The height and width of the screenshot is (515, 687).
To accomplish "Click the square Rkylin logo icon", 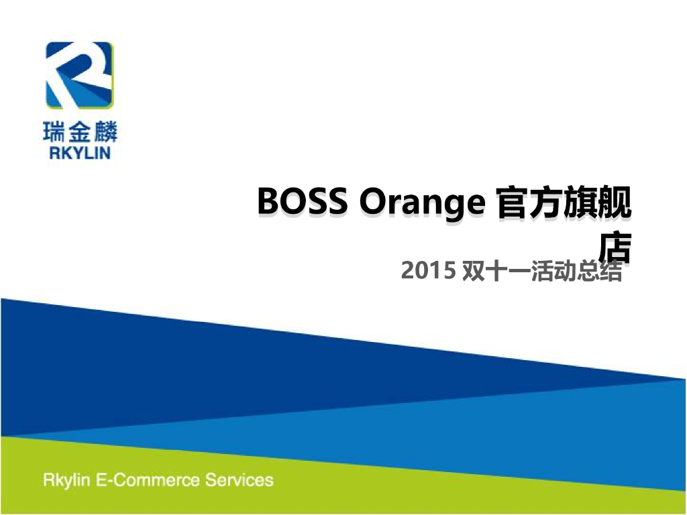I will [79, 74].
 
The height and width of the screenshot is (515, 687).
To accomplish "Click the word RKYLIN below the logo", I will [79, 153].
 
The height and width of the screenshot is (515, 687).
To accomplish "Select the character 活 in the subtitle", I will [542, 272].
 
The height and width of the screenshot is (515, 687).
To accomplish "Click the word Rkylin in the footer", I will [66, 480].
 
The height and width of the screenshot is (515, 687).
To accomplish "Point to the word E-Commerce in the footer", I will [147, 480].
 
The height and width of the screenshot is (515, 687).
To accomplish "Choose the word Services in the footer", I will [240, 480].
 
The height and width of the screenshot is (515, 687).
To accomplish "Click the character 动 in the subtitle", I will [565, 272].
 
